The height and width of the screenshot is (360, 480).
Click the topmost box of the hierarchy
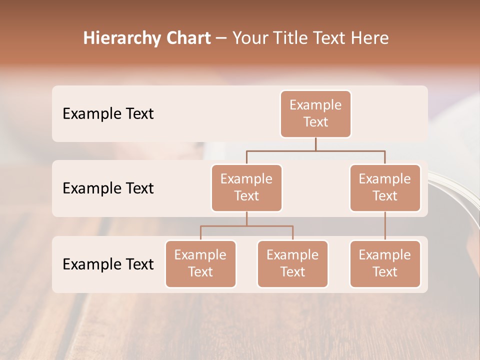(x=315, y=114)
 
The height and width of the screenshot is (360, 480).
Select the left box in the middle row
(x=246, y=188)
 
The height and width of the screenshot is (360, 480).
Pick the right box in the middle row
(x=385, y=188)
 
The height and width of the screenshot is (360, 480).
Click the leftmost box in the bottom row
(x=200, y=264)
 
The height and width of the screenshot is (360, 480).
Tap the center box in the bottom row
(x=292, y=264)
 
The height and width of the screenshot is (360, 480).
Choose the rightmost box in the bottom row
(x=385, y=264)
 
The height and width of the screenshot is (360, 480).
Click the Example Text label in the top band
(x=108, y=114)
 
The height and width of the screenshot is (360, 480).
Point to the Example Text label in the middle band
(x=108, y=188)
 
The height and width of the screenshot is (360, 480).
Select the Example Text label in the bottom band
(x=108, y=264)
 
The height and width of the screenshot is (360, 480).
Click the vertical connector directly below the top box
(x=315, y=144)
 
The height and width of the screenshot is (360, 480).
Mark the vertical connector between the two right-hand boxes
(x=385, y=226)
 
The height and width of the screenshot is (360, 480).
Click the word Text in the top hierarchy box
(x=315, y=122)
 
